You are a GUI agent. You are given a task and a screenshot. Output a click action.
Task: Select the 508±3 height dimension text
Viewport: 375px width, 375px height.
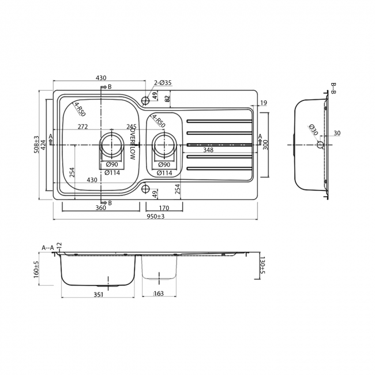pos(36,144)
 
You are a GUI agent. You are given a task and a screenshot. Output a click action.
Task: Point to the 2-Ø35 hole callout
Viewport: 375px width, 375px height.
pos(163,83)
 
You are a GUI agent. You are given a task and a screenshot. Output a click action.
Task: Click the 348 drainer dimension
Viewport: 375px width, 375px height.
pos(208,150)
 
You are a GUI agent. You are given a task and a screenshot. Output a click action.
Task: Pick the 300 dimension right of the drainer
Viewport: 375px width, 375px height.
pos(266,144)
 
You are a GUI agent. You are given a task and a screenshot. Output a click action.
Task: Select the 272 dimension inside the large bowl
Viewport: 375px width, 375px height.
pos(82,126)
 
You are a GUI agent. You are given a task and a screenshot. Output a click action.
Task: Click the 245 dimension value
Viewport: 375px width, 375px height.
pos(131,126)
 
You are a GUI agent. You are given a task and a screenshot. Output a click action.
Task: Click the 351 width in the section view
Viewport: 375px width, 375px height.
pos(98,294)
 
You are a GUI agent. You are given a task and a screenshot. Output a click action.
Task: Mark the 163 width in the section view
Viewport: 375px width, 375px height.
pos(159,294)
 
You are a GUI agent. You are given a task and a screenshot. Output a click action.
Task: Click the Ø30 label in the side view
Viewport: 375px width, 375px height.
pos(312,130)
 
